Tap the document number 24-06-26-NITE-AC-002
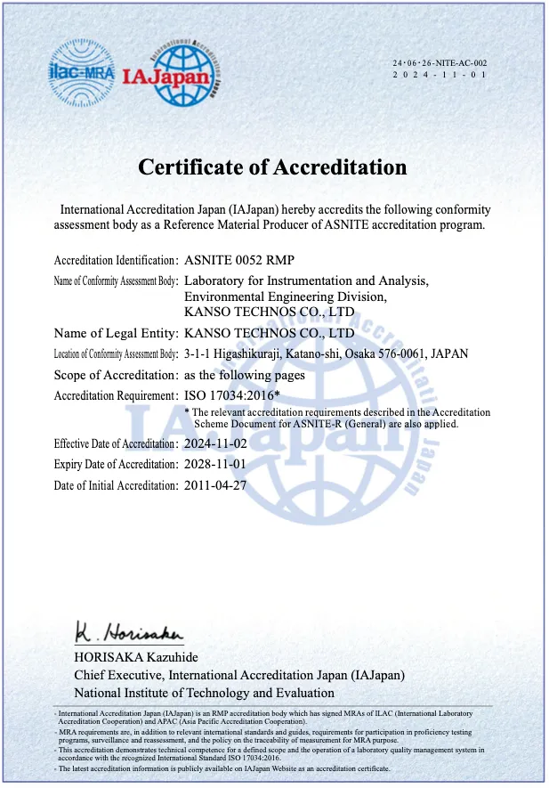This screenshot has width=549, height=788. (440, 62)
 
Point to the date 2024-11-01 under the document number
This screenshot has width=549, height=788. (440, 75)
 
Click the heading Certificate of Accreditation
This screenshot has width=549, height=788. (272, 167)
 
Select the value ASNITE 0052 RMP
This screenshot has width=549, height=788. (238, 260)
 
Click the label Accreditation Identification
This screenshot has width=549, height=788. (116, 261)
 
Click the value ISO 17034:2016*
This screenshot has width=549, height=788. (231, 395)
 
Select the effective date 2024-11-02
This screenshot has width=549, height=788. (214, 443)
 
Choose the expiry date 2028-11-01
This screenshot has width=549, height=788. (214, 464)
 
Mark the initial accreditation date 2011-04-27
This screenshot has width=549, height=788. (214, 485)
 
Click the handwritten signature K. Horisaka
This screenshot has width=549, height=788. (128, 633)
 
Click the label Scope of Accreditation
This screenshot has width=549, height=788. (116, 375)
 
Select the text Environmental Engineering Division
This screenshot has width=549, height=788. (285, 297)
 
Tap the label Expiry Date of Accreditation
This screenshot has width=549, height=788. (116, 465)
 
